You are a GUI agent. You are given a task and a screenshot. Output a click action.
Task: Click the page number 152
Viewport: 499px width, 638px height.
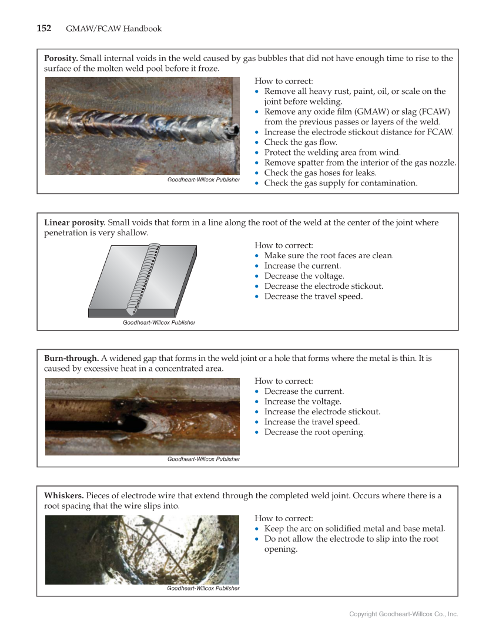pos(44,28)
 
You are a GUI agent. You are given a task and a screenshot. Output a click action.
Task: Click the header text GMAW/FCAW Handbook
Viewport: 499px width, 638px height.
pos(113,29)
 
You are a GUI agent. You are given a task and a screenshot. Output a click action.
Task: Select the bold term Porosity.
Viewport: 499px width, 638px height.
pos(61,58)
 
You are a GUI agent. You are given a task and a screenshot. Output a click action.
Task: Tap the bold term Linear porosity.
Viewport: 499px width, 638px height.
pos(75,222)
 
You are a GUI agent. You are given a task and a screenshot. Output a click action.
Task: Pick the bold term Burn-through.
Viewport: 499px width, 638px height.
pos(71,358)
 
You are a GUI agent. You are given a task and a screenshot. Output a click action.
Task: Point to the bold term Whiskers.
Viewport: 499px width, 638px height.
pos(63,495)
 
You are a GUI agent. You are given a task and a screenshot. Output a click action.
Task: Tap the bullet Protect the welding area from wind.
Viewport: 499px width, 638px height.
pos(332,152)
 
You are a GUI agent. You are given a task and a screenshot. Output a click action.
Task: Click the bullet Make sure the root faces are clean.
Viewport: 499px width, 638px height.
pos(329,255)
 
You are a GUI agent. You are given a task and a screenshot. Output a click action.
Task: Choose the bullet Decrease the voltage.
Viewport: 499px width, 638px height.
pos(304,276)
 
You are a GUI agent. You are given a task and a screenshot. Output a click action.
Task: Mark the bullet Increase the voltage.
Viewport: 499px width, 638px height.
pos(303,401)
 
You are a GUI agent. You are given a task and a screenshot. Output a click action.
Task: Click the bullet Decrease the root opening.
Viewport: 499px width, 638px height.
pos(314,432)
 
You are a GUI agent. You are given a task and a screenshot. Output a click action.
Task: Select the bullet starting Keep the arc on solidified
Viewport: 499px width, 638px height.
pos(354,528)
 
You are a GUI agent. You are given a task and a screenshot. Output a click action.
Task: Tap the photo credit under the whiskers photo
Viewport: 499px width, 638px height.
pos(203,588)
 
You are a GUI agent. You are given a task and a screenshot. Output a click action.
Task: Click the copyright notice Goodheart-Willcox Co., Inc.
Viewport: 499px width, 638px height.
pos(403,614)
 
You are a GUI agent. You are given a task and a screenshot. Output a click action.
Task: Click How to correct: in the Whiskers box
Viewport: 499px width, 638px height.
pos(284,518)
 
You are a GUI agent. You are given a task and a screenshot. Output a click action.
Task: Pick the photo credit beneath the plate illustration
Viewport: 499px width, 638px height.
pos(159,322)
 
